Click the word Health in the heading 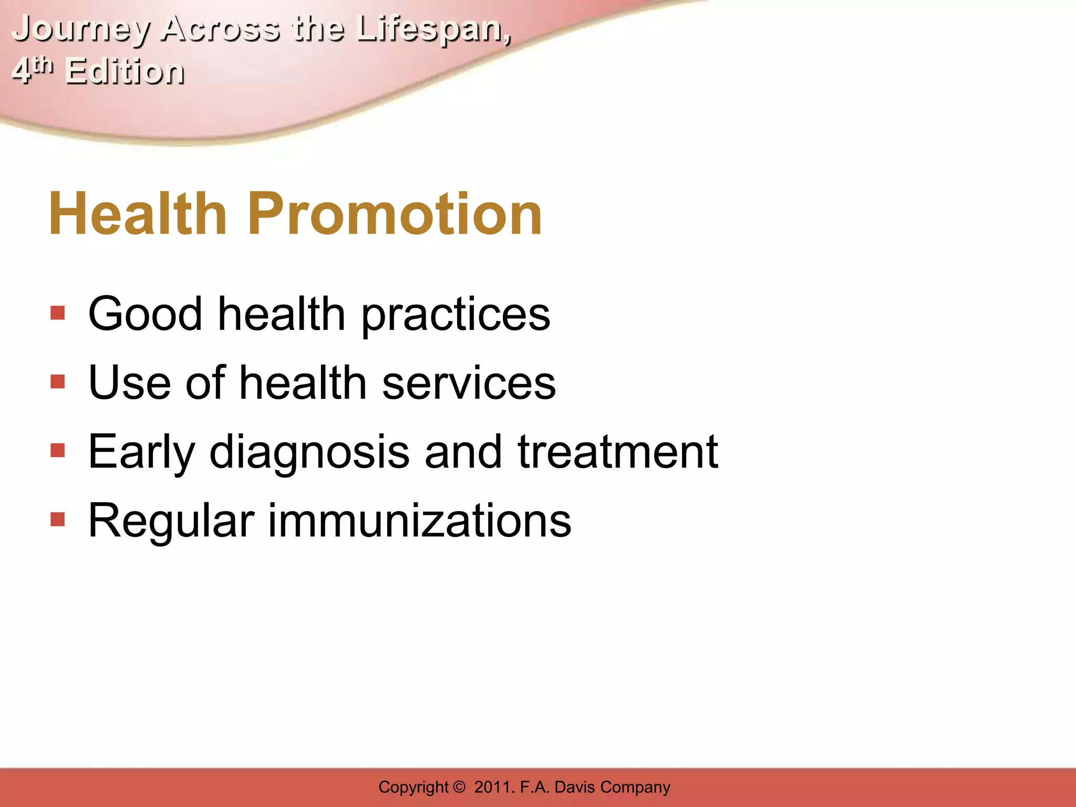(138, 214)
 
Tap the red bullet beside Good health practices (58, 314)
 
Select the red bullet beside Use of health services (58, 382)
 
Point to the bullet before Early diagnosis (58, 451)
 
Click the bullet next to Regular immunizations (58, 520)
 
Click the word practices (456, 315)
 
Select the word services (469, 383)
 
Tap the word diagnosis (309, 453)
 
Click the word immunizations (419, 521)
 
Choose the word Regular (171, 522)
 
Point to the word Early (141, 453)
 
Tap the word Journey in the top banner (80, 29)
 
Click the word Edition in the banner (125, 72)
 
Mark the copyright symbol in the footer (459, 787)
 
